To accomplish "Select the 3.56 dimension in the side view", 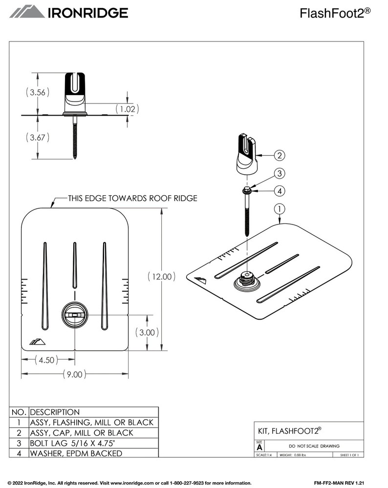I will click(x=37, y=93).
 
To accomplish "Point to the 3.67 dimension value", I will click(x=37, y=138).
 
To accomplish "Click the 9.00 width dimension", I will click(x=75, y=374).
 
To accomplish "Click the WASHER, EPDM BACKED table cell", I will click(x=76, y=453).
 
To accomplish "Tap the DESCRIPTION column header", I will click(x=55, y=412).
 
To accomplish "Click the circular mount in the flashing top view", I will click(x=74, y=316).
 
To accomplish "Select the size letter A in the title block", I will click(x=259, y=447).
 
